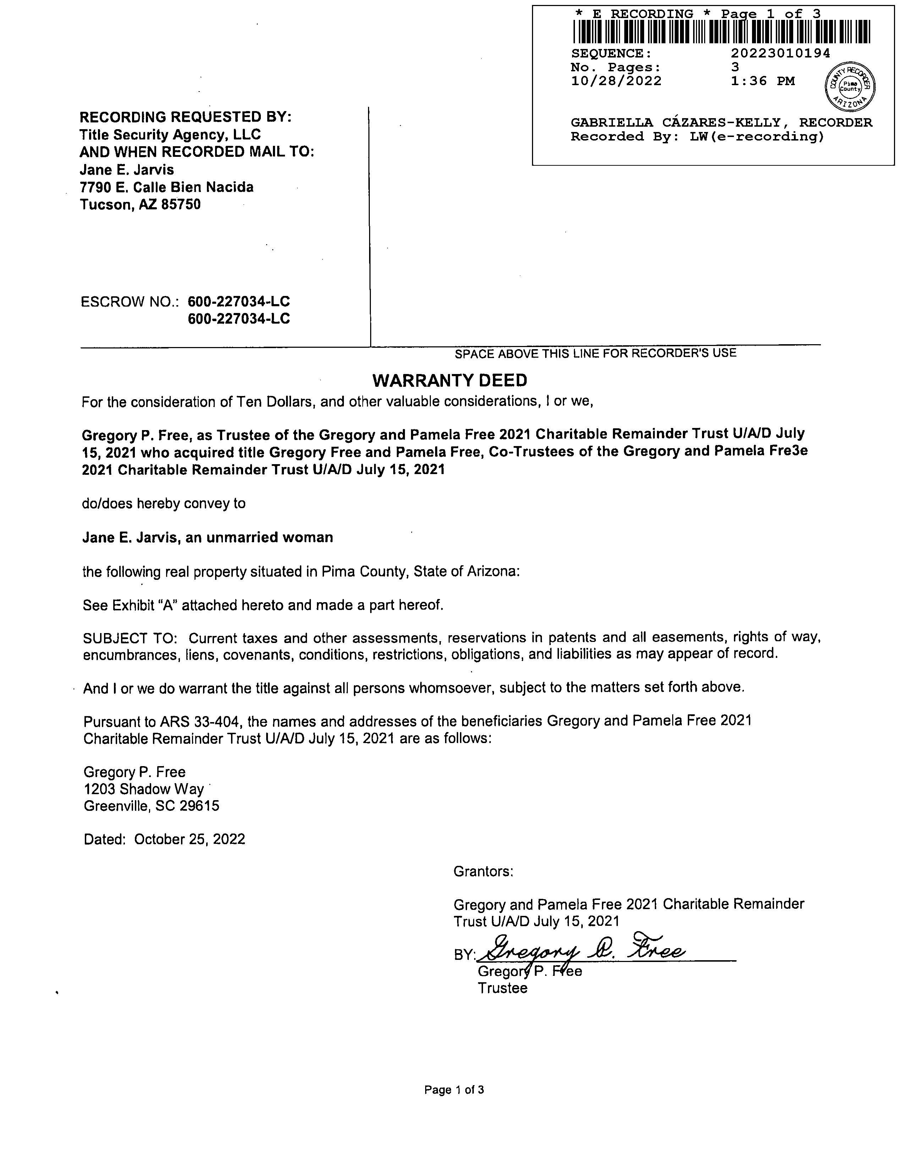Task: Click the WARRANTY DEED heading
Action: pyautogui.click(x=449, y=381)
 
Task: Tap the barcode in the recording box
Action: pyautogui.click(x=721, y=32)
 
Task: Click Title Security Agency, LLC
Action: pyautogui.click(x=170, y=134)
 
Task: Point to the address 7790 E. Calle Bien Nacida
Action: pyautogui.click(x=167, y=187)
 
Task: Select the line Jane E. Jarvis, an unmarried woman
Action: pyautogui.click(x=208, y=537)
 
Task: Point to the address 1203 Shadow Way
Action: pyautogui.click(x=144, y=789)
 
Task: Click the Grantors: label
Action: pyautogui.click(x=483, y=871)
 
